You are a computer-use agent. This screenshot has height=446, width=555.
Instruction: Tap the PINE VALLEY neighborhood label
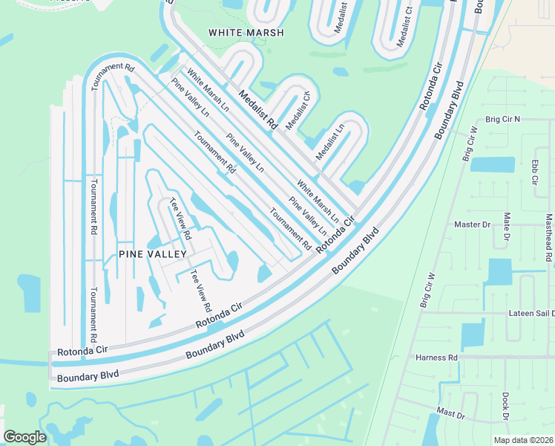click(x=152, y=254)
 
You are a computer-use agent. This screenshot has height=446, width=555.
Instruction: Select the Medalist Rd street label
click(x=257, y=110)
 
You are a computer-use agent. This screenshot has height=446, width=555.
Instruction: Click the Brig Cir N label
click(x=502, y=119)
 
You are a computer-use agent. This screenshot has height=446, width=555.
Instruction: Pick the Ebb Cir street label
click(x=533, y=172)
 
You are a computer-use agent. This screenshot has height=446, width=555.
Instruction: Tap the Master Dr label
click(x=473, y=224)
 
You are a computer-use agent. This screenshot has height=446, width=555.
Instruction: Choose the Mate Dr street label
click(x=508, y=227)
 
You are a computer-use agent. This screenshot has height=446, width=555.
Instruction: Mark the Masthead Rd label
click(x=548, y=238)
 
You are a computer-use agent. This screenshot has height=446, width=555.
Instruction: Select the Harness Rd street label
click(x=436, y=358)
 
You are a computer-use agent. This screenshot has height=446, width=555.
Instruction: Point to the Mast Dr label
click(x=450, y=411)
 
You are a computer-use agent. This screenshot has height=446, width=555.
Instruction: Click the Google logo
click(x=24, y=436)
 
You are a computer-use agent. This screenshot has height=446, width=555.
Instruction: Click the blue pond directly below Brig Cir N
click(x=492, y=164)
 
